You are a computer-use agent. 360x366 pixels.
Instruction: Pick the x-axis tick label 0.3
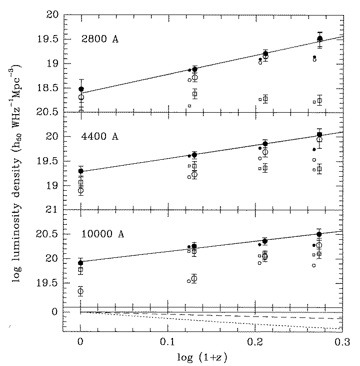(342, 343)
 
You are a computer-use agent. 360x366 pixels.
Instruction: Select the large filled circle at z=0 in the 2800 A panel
(81, 89)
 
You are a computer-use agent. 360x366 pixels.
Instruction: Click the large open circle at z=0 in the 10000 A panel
(80, 291)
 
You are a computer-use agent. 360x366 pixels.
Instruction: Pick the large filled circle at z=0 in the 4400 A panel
(81, 171)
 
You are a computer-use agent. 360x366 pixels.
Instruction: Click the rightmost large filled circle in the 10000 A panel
(319, 234)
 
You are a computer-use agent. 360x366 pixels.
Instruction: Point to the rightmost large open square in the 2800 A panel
(319, 101)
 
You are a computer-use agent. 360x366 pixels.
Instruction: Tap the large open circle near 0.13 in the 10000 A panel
(194, 278)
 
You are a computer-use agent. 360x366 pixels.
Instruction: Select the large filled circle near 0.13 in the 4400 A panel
(194, 155)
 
